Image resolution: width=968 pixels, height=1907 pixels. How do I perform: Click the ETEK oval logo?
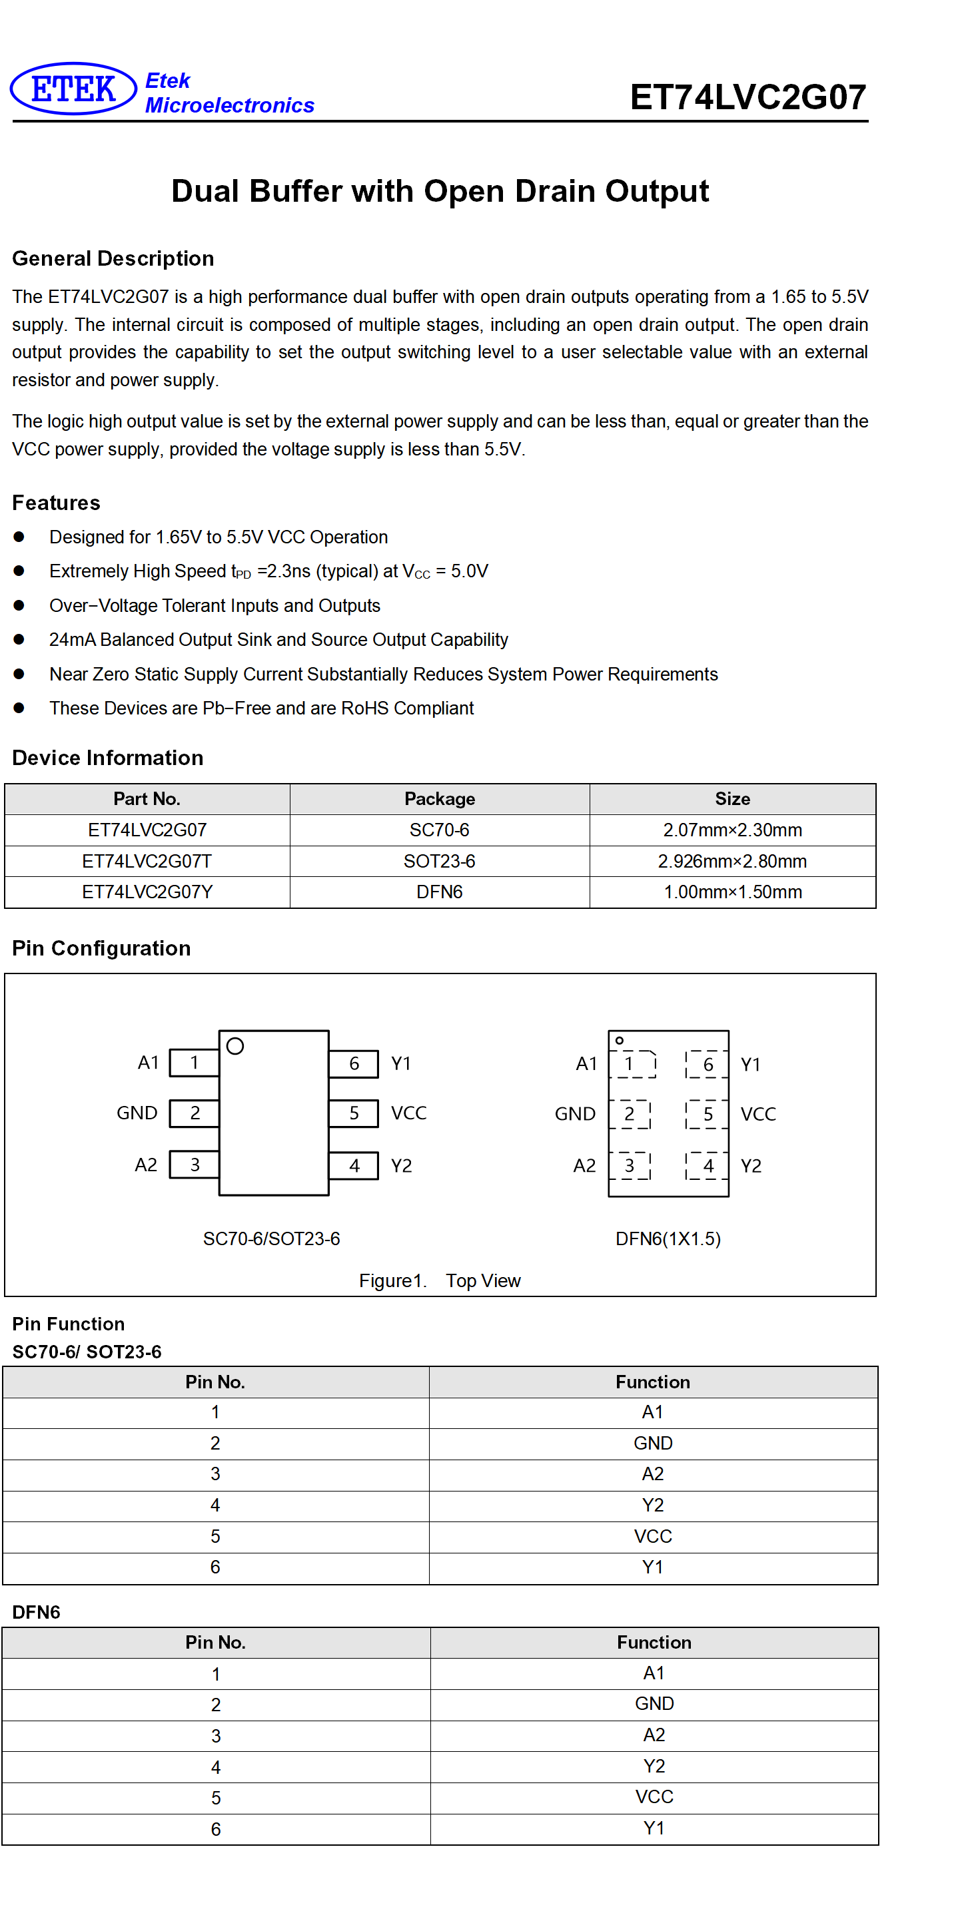point(73,89)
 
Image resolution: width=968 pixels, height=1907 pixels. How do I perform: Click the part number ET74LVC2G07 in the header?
point(748,97)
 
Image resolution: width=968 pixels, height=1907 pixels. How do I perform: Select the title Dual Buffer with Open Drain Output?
point(440,191)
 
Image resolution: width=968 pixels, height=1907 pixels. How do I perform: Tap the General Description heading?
point(113,258)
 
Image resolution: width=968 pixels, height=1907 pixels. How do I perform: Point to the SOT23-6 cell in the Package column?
point(439,861)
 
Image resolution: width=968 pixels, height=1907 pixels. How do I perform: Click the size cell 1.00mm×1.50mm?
point(732,892)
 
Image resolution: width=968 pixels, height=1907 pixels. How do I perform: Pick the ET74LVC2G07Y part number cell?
point(147,892)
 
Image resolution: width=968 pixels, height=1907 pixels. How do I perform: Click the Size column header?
point(732,799)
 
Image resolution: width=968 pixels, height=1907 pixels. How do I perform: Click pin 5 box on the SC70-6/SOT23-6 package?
point(354,1113)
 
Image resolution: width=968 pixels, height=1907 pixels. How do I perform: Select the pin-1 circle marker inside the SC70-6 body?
point(236,1046)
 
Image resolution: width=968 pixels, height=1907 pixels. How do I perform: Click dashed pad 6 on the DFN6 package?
point(708,1064)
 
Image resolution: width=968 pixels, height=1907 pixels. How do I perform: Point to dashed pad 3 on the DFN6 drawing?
point(630,1165)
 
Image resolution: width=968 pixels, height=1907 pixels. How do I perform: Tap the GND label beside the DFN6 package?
point(575,1114)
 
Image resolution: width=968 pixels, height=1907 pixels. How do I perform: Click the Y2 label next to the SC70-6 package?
point(402,1166)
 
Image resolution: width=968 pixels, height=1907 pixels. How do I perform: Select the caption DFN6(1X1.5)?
point(668,1238)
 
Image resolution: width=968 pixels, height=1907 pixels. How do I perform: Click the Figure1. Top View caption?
point(440,1280)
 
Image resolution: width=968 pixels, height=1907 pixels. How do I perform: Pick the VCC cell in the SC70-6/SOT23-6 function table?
point(652,1536)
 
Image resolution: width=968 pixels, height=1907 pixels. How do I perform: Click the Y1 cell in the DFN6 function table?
point(654,1828)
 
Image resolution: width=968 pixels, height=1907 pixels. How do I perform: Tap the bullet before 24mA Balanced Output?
point(19,639)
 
